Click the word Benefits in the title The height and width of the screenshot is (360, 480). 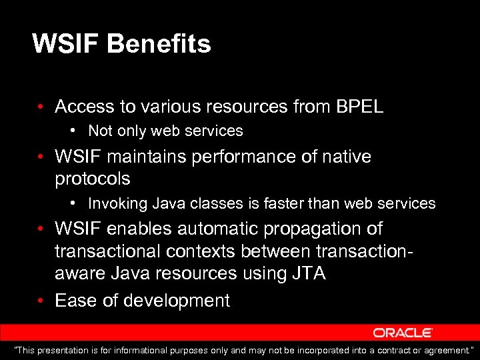pyautogui.click(x=159, y=44)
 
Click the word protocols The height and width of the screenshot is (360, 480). pyautogui.click(x=92, y=179)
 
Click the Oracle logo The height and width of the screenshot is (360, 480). pyautogui.click(x=403, y=333)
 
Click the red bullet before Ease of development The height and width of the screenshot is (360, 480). pyautogui.click(x=41, y=301)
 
